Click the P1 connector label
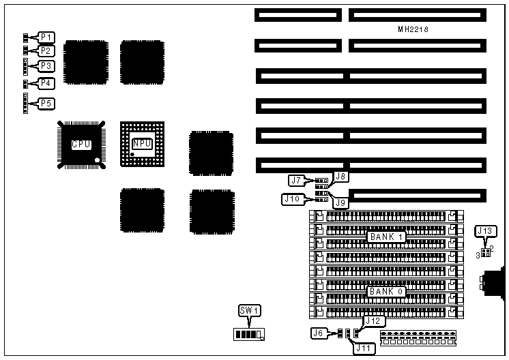coord(46,37)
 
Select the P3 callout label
coord(46,66)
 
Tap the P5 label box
coord(46,104)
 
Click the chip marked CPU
coord(81,144)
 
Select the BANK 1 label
coord(387,237)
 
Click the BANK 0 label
coord(387,291)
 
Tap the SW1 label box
coord(249,311)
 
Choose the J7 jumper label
coord(296,181)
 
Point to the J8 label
coord(341,177)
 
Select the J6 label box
coord(318,333)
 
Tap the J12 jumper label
coord(373,320)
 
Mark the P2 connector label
coord(46,50)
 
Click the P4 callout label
coord(46,83)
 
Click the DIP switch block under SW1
coord(248,335)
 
